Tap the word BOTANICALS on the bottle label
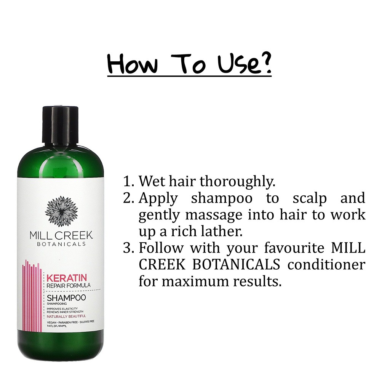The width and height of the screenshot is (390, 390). pyautogui.click(x=61, y=244)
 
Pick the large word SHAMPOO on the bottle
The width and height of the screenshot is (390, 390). pyautogui.click(x=66, y=297)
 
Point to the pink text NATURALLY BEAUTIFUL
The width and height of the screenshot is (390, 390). pyautogui.click(x=66, y=316)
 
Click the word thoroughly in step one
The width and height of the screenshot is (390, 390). pyautogui.click(x=237, y=182)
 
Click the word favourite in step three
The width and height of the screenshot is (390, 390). pyautogui.click(x=292, y=248)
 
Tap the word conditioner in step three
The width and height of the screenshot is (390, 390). pyautogui.click(x=326, y=264)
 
